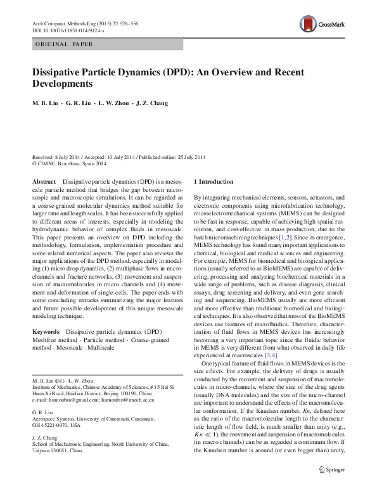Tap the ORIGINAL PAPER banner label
pos(64,44)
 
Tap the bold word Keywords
pos(46,332)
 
